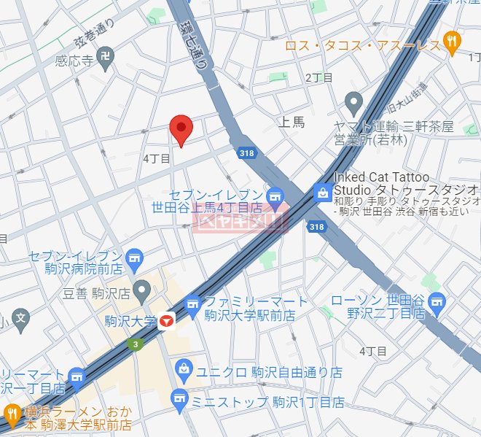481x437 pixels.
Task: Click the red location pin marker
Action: click(180, 128)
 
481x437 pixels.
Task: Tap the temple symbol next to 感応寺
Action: click(106, 55)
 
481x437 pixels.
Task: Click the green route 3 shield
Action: click(134, 344)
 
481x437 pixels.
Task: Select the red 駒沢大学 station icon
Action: click(168, 320)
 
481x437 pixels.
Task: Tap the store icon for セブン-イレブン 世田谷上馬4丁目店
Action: click(274, 195)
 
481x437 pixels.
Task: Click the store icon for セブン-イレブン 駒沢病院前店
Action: click(134, 257)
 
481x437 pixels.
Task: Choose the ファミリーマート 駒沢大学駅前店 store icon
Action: click(192, 306)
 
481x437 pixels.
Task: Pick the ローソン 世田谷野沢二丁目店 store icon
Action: click(437, 301)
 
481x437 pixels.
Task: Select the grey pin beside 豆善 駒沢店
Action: click(143, 293)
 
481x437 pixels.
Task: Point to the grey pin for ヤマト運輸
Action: click(353, 101)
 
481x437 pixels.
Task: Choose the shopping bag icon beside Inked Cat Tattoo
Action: click(321, 193)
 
